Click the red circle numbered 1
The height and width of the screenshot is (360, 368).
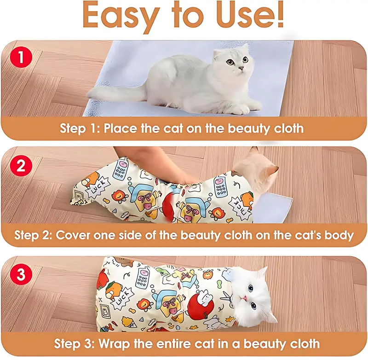[21, 57]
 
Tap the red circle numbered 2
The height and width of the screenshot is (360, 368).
[21, 166]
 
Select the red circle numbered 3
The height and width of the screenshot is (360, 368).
[21, 274]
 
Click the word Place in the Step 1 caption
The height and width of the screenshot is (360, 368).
[120, 128]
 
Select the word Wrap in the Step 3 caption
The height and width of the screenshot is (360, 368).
[114, 344]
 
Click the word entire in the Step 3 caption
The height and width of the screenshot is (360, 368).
[174, 344]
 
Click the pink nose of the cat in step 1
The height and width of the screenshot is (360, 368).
[241, 69]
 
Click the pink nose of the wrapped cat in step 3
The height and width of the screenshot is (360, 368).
[245, 298]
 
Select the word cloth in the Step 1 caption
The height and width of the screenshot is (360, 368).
[289, 128]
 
